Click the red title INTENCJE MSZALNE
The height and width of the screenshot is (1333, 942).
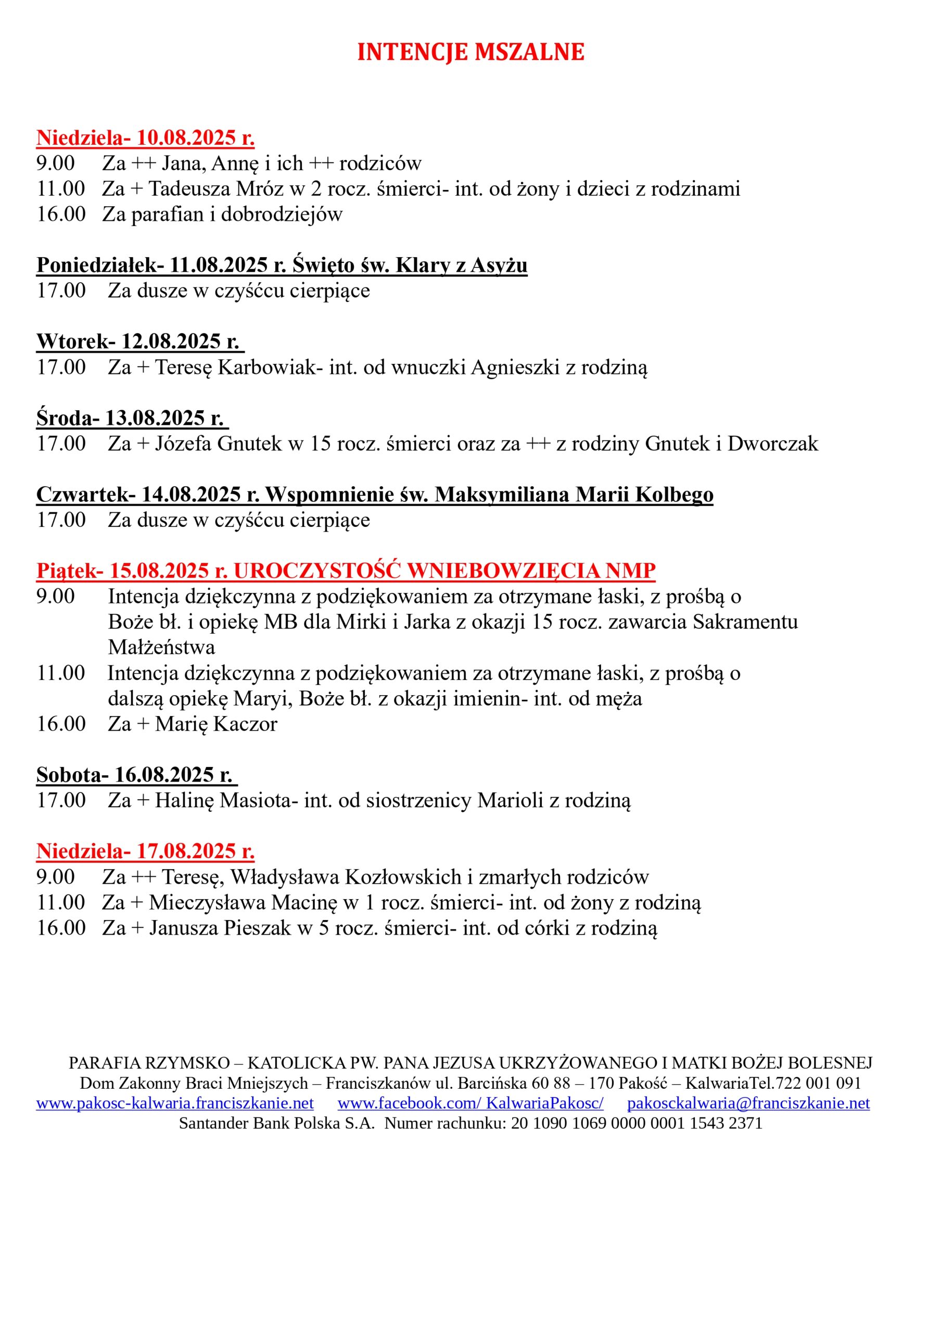[x=470, y=52]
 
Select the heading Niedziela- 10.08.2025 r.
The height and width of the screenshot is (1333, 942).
[x=145, y=138]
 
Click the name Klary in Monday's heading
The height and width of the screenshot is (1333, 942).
[x=423, y=266]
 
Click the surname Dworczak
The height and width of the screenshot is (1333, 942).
[x=772, y=444]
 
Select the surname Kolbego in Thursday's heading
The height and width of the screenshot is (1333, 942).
[x=674, y=495]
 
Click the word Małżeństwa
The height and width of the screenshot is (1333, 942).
[x=161, y=647]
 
